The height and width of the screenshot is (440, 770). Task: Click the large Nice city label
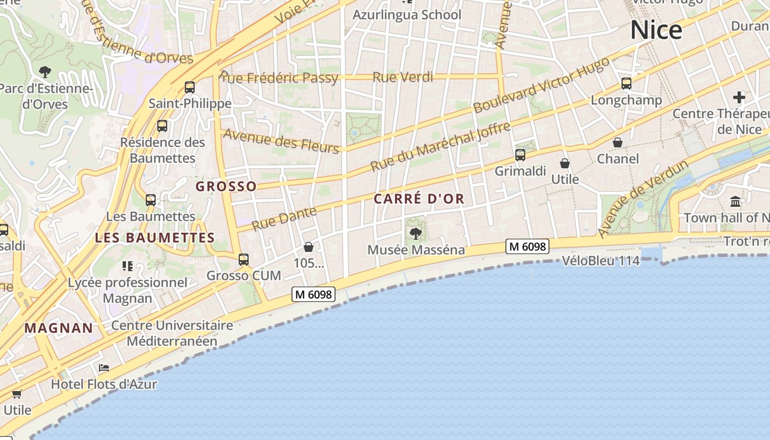click(656, 30)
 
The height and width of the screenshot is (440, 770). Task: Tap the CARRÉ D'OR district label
click(419, 199)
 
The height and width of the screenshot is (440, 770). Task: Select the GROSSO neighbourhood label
click(226, 186)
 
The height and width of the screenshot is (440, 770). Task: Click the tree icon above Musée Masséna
click(416, 234)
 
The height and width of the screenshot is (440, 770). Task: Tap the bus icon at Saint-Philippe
click(190, 87)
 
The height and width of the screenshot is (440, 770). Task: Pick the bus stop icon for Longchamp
click(626, 84)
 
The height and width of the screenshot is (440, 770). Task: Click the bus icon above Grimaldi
click(520, 155)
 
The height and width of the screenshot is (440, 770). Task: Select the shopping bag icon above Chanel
click(618, 142)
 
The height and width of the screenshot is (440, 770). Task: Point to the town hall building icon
click(735, 201)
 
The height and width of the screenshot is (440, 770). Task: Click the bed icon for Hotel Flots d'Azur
click(103, 368)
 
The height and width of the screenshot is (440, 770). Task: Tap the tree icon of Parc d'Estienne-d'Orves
click(45, 71)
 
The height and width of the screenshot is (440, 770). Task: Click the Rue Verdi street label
click(403, 77)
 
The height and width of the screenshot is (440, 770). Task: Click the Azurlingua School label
click(406, 15)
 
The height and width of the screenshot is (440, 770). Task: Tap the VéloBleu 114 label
click(601, 261)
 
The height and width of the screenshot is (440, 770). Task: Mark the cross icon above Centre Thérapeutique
click(739, 98)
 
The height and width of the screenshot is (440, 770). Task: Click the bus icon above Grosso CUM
click(244, 259)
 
